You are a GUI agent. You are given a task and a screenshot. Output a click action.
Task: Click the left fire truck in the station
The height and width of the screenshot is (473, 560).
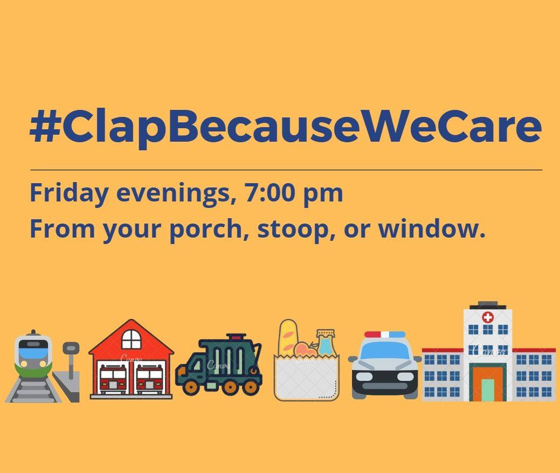(x=113, y=379)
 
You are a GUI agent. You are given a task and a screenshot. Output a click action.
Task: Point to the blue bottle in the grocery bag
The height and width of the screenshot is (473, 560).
(x=326, y=343)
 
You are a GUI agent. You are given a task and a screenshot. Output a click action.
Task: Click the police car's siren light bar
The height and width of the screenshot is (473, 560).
(x=385, y=335)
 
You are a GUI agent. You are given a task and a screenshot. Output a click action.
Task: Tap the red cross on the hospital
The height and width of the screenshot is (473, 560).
(x=488, y=317)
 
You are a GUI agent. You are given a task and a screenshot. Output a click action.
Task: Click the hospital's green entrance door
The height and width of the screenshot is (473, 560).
(x=488, y=390)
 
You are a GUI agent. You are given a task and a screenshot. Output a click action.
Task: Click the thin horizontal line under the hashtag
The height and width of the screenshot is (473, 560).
(x=286, y=170)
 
